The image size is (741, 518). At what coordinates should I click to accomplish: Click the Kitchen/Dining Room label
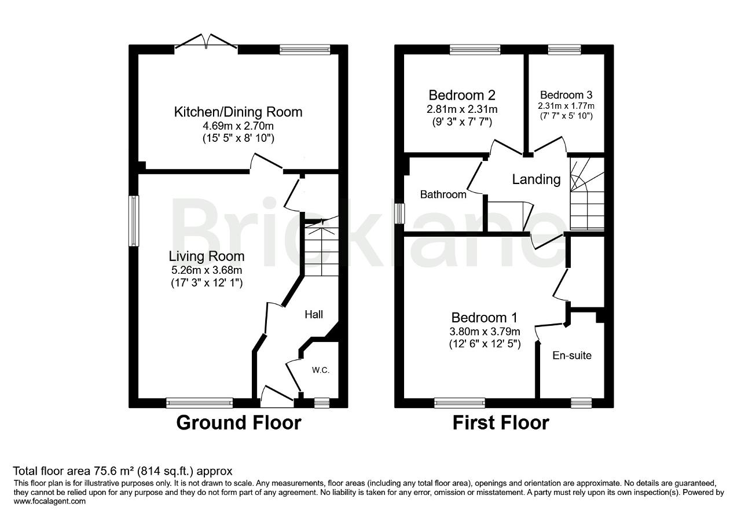[x=238, y=112]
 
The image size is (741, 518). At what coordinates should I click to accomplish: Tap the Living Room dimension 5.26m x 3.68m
[x=206, y=270]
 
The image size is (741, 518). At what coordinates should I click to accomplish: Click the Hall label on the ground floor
[x=314, y=314]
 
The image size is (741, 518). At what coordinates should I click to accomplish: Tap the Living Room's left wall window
[x=134, y=220]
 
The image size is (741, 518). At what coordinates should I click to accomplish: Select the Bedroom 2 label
[x=461, y=95]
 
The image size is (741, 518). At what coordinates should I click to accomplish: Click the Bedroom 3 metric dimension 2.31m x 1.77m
[x=566, y=106]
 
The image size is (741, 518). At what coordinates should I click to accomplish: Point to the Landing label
[x=536, y=179]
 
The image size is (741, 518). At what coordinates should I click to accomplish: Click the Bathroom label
[x=443, y=194]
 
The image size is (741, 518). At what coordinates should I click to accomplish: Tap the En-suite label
[x=571, y=355]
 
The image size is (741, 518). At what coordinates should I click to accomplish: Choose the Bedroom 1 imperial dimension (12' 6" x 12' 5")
[x=484, y=344]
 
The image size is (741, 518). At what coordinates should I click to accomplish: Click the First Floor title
[x=500, y=423]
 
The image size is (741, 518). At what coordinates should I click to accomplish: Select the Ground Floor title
[x=238, y=423]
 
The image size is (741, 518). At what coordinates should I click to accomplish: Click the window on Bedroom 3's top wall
[x=564, y=50]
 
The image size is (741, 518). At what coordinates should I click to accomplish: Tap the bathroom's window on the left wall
[x=399, y=214]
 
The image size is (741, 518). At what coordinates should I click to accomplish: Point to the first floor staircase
[x=586, y=197]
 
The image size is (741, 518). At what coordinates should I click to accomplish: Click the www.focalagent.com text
[x=49, y=502]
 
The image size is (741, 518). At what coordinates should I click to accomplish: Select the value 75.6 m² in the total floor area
[x=104, y=471]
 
